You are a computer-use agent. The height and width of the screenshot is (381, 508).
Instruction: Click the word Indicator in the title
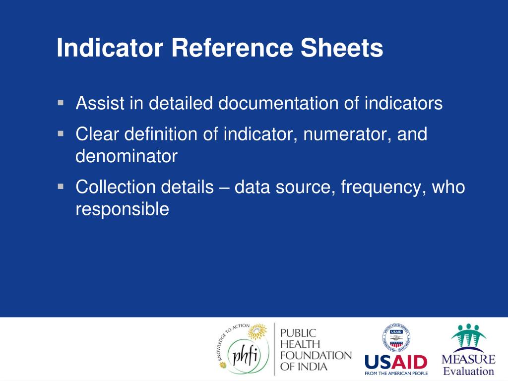point(110,49)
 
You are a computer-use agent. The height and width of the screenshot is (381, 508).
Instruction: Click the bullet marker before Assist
point(61,103)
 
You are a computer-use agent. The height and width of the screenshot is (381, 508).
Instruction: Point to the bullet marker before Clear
point(61,134)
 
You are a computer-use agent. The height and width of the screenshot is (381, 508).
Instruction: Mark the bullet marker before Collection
point(61,187)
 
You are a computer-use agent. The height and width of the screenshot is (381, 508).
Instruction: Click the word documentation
point(278,104)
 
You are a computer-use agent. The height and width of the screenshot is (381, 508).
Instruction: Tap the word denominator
point(126,157)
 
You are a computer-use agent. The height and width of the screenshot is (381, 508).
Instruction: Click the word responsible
point(122,210)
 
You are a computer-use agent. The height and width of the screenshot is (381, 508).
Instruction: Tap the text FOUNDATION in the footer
point(316,356)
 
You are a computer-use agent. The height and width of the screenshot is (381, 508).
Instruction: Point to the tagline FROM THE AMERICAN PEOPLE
point(396,373)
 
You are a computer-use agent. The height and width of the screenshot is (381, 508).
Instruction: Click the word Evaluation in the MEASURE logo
point(468,371)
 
